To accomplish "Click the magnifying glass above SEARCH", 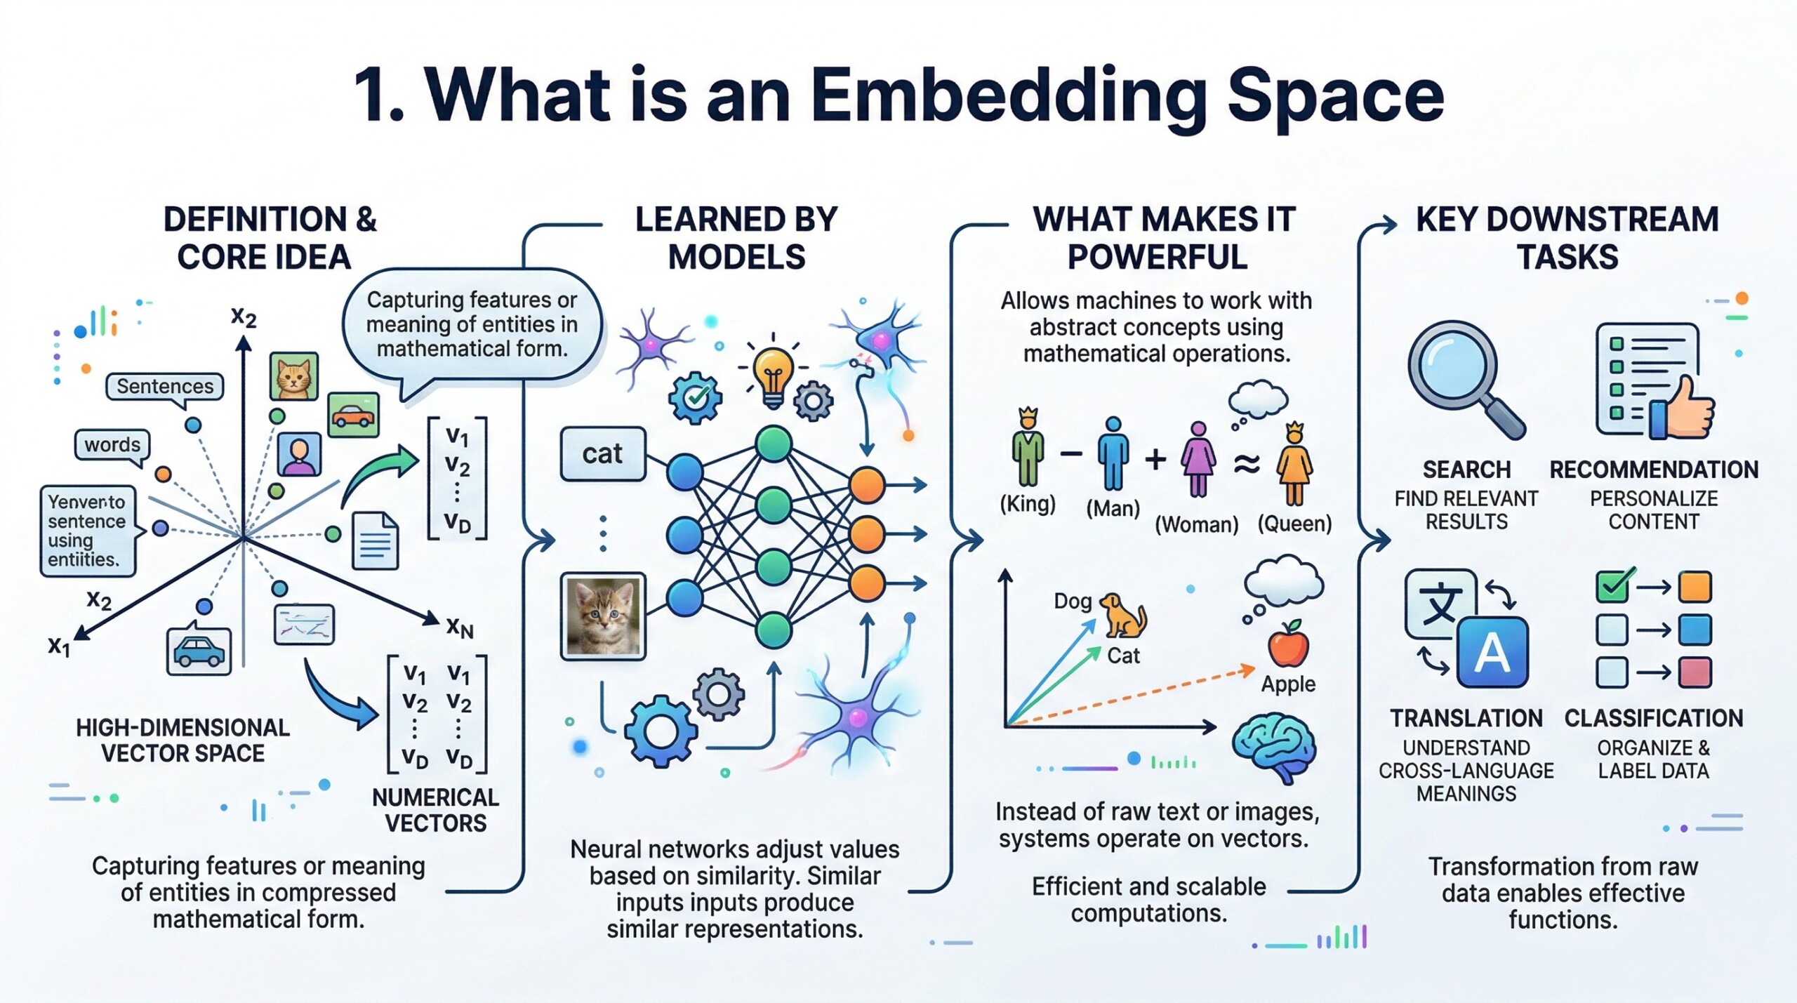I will coord(1456,370).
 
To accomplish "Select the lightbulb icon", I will coord(772,373).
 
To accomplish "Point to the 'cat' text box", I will coord(602,454).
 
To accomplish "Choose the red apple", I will coord(1288,645).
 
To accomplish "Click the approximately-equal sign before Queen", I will coord(1247,463).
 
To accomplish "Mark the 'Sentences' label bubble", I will coord(165,387).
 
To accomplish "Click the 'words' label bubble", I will coord(112,445).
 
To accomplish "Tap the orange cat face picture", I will coord(294,376).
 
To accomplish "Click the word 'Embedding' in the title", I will coord(1009,96).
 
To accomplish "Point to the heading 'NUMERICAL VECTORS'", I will coord(435,810).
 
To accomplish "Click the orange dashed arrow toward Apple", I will coord(1130,696).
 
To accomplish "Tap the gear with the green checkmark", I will coord(695,398).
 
